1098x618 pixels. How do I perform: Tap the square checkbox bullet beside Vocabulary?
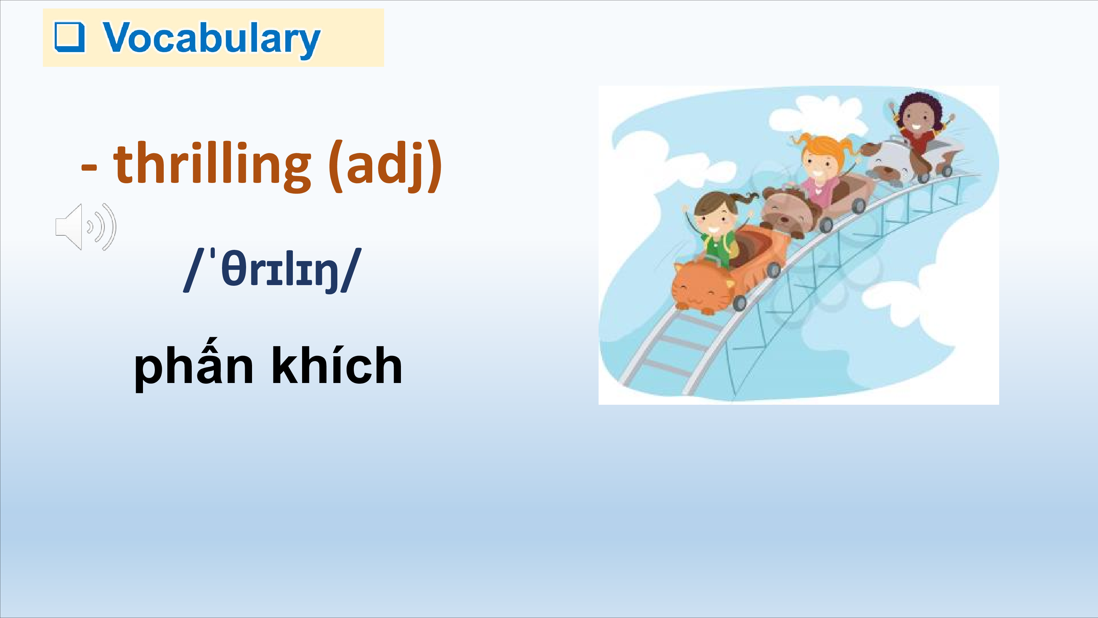click(x=70, y=37)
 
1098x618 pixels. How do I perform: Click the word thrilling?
click(x=212, y=164)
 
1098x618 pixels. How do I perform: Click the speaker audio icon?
click(x=86, y=226)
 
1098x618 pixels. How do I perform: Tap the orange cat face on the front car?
click(x=703, y=288)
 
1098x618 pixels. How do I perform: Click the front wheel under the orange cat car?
click(x=740, y=303)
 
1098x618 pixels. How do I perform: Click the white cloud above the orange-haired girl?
click(x=816, y=113)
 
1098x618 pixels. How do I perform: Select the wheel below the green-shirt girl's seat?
click(x=774, y=270)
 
